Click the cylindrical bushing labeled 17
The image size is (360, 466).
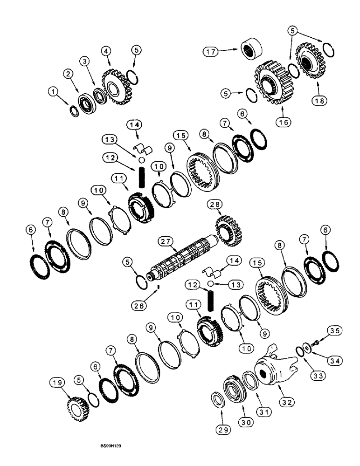tap(252, 49)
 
